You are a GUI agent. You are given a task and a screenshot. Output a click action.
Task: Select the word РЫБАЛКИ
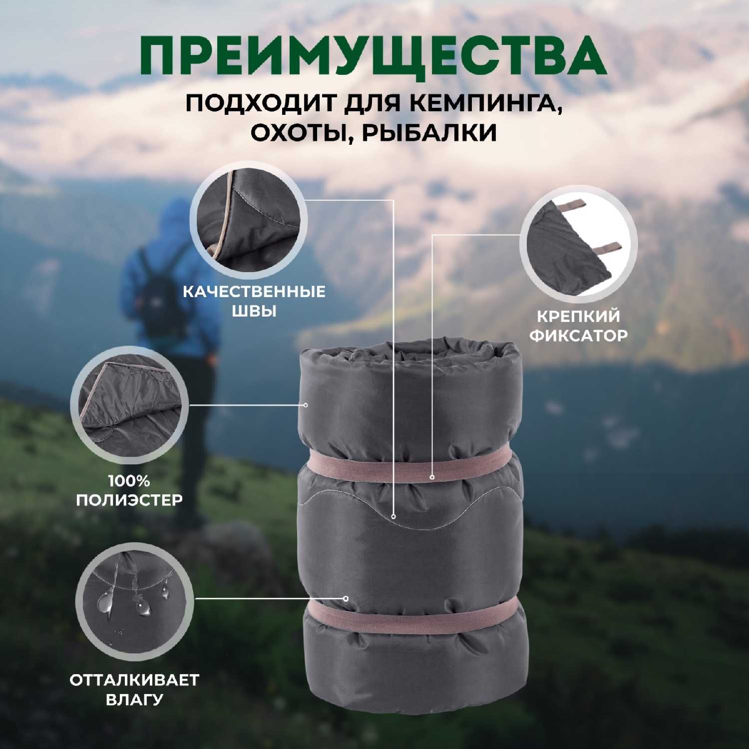[429, 133]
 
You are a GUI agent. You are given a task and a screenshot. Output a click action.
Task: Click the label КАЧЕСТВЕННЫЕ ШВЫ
[254, 301]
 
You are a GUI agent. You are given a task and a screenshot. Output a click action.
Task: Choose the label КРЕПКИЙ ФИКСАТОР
[578, 326]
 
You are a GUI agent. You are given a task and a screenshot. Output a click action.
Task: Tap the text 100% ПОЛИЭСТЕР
[129, 490]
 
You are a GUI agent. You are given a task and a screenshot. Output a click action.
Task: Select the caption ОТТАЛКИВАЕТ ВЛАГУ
[134, 689]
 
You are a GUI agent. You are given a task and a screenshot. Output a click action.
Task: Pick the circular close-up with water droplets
[134, 601]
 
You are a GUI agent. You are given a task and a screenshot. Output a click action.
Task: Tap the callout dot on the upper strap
[432, 477]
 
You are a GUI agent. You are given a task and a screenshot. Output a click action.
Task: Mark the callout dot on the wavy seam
[393, 516]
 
